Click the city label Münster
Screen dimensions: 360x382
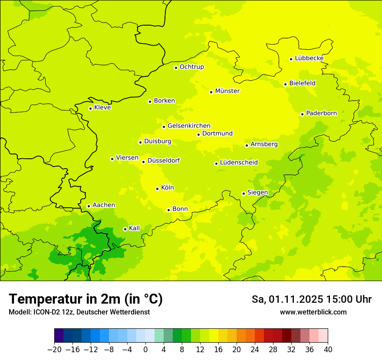[x=227, y=91]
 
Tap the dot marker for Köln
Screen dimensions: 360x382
[x=157, y=189]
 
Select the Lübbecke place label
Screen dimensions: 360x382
[x=309, y=58]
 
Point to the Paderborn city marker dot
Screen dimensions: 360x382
[x=302, y=114]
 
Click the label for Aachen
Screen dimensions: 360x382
[x=104, y=205]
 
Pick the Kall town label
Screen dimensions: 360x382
[x=135, y=228]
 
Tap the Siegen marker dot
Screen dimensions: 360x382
[x=244, y=193]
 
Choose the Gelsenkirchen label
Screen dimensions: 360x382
[x=189, y=126]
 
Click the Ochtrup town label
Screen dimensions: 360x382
[x=191, y=67]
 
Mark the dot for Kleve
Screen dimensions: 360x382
[x=90, y=108]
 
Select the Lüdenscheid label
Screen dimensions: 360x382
[x=239, y=163]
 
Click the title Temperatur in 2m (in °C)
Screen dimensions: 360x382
[x=86, y=299]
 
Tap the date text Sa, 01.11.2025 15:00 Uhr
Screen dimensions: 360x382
[x=311, y=299]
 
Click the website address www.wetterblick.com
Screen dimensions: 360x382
[x=313, y=312]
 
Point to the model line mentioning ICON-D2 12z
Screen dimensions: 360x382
[x=79, y=312]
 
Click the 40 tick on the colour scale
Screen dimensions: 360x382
[x=328, y=350]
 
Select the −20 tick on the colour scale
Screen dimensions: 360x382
[x=54, y=350]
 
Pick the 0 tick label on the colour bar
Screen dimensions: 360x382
[x=145, y=350]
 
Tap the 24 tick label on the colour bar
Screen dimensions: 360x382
[x=255, y=350]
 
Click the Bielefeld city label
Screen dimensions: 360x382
[x=302, y=83]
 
